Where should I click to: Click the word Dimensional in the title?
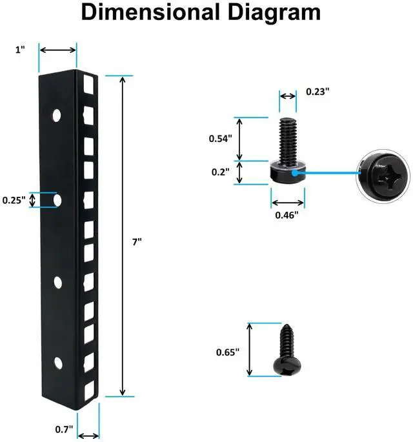pos(150,14)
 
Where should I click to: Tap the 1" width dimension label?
pos(20,50)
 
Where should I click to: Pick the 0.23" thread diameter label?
pos(317,92)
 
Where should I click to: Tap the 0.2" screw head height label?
pos(219,172)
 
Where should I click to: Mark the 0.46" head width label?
pos(286,215)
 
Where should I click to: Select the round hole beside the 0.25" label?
pos(57,200)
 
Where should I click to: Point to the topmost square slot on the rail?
pos(88,85)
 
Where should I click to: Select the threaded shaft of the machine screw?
pos(287,138)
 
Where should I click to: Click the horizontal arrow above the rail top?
pos(57,50)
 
